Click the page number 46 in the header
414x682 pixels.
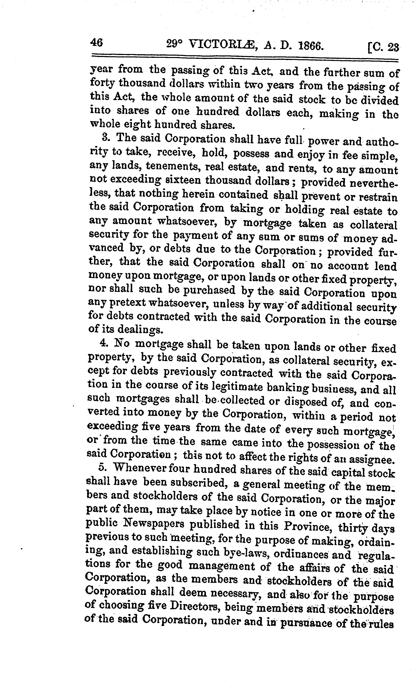pos(96,43)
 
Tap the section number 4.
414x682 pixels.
pos(103,343)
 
